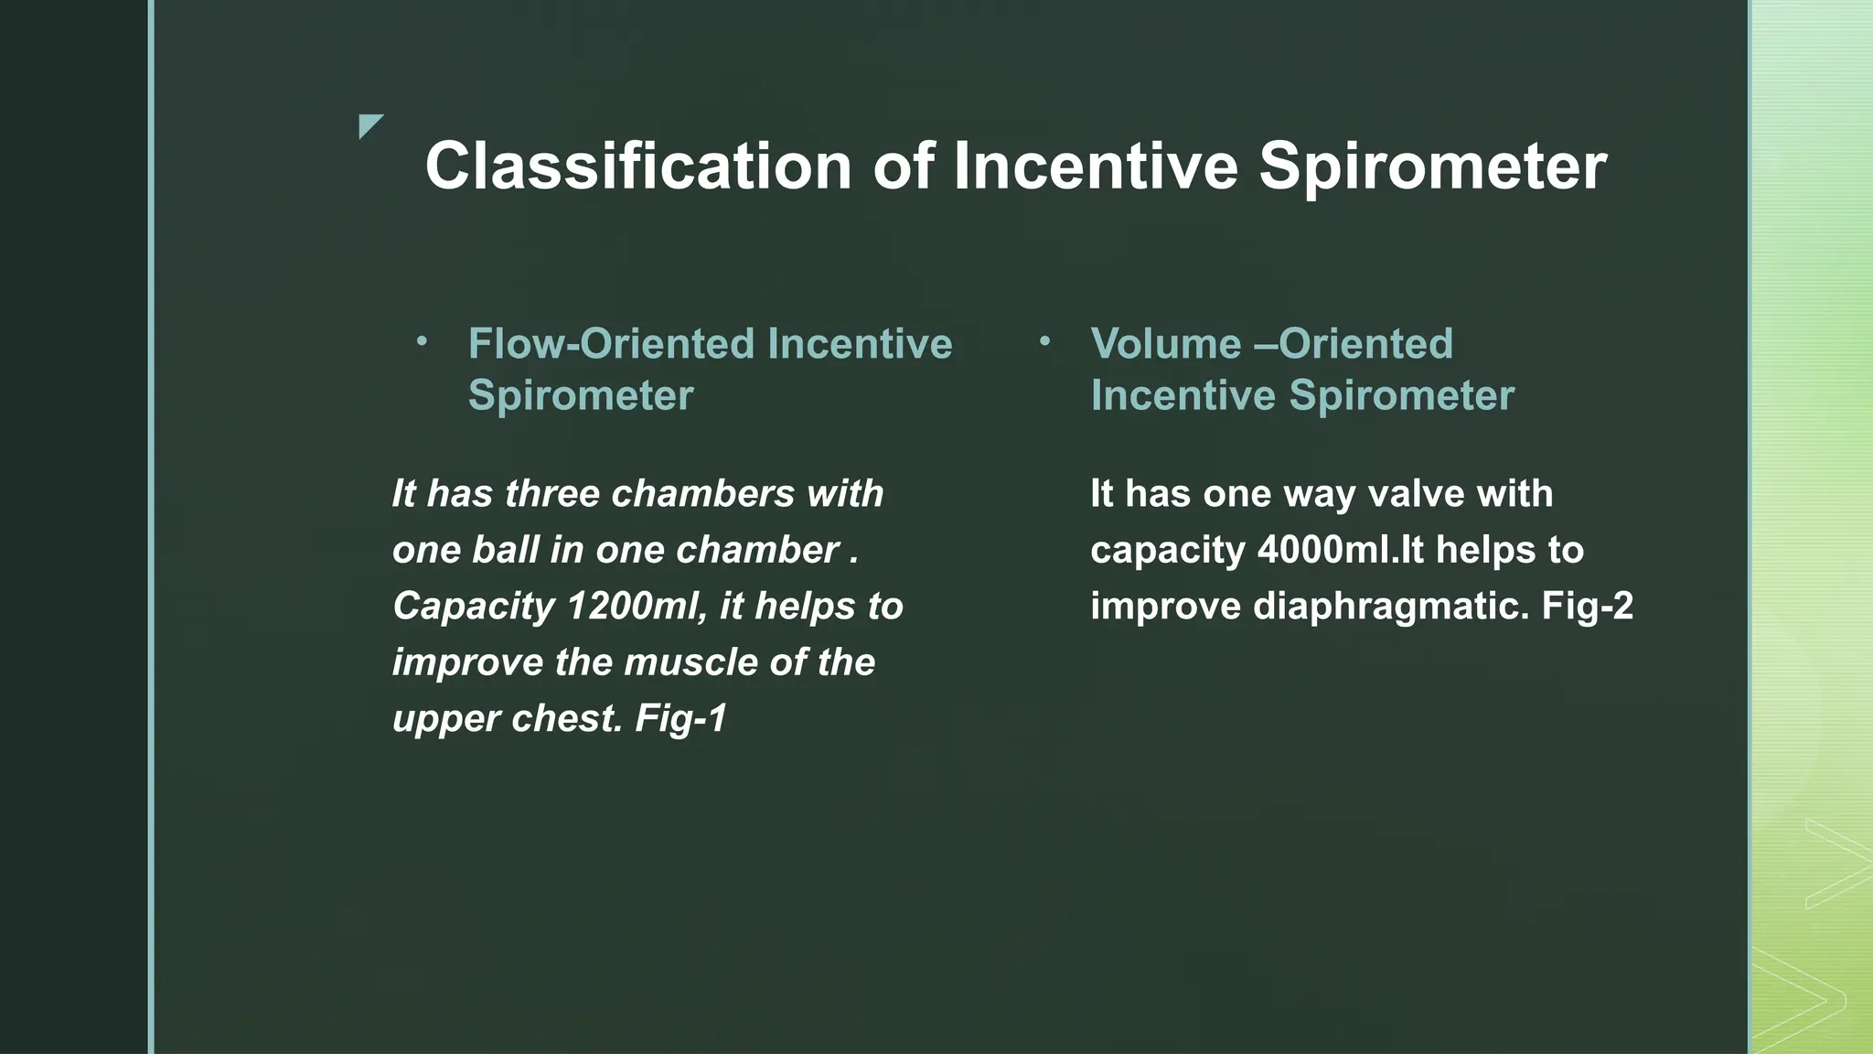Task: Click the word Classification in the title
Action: (x=638, y=167)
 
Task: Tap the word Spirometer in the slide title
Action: (x=1432, y=167)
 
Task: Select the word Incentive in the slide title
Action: (x=1096, y=167)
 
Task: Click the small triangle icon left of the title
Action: (x=369, y=126)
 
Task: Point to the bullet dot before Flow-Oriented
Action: (x=422, y=342)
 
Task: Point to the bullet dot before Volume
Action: (x=1044, y=342)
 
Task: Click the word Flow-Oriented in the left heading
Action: (x=610, y=344)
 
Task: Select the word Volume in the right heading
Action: (x=1165, y=344)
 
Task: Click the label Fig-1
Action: (x=680, y=718)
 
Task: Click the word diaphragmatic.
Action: (x=1390, y=606)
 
